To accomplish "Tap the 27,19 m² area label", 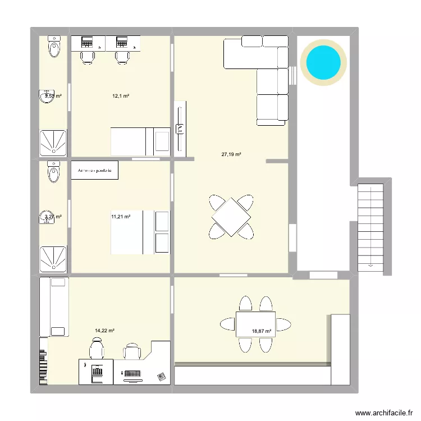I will [231, 154].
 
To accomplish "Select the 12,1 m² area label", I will [121, 96].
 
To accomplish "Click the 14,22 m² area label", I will [105, 331].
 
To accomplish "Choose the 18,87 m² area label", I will [262, 331].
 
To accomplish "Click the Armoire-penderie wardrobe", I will [95, 170].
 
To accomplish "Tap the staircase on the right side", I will [370, 225].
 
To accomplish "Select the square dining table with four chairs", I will [231, 216].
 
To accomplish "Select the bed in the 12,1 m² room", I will [140, 141].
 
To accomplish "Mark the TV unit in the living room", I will [180, 129].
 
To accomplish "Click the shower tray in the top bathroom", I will [54, 142].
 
